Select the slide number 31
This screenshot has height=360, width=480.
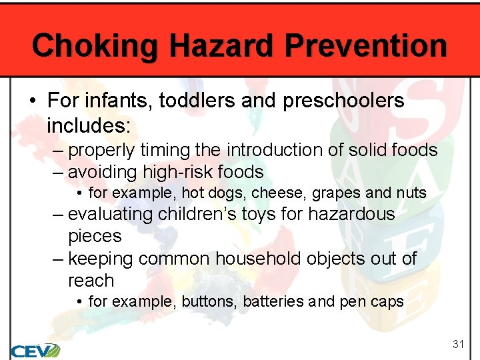pyautogui.click(x=458, y=344)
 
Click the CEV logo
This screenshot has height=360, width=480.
pyautogui.click(x=35, y=349)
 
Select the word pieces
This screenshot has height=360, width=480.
pyautogui.click(x=95, y=236)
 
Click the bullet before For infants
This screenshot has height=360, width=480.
pyautogui.click(x=33, y=101)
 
